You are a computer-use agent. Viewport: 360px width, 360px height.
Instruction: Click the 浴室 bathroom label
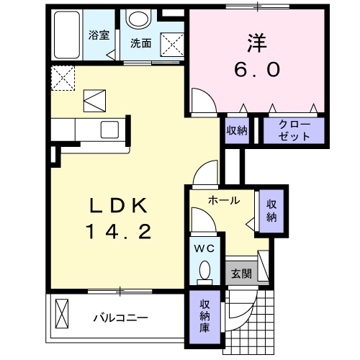pos(99,35)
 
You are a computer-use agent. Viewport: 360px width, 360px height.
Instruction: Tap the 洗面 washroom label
pos(140,42)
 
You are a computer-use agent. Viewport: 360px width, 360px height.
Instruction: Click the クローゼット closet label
pos(293,130)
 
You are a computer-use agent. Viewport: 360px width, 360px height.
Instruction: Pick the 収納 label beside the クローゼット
pos(237,130)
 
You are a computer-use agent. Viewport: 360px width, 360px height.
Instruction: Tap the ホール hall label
pos(223,201)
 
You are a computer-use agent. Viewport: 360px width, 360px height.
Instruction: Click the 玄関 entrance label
pos(240,274)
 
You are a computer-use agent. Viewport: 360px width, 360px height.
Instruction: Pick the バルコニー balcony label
pos(120,317)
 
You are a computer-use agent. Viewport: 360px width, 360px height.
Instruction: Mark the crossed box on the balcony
pos(63,315)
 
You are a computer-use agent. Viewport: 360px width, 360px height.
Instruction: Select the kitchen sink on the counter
pos(110,130)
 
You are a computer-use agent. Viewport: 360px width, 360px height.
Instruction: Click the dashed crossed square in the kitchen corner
pos(63,77)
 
